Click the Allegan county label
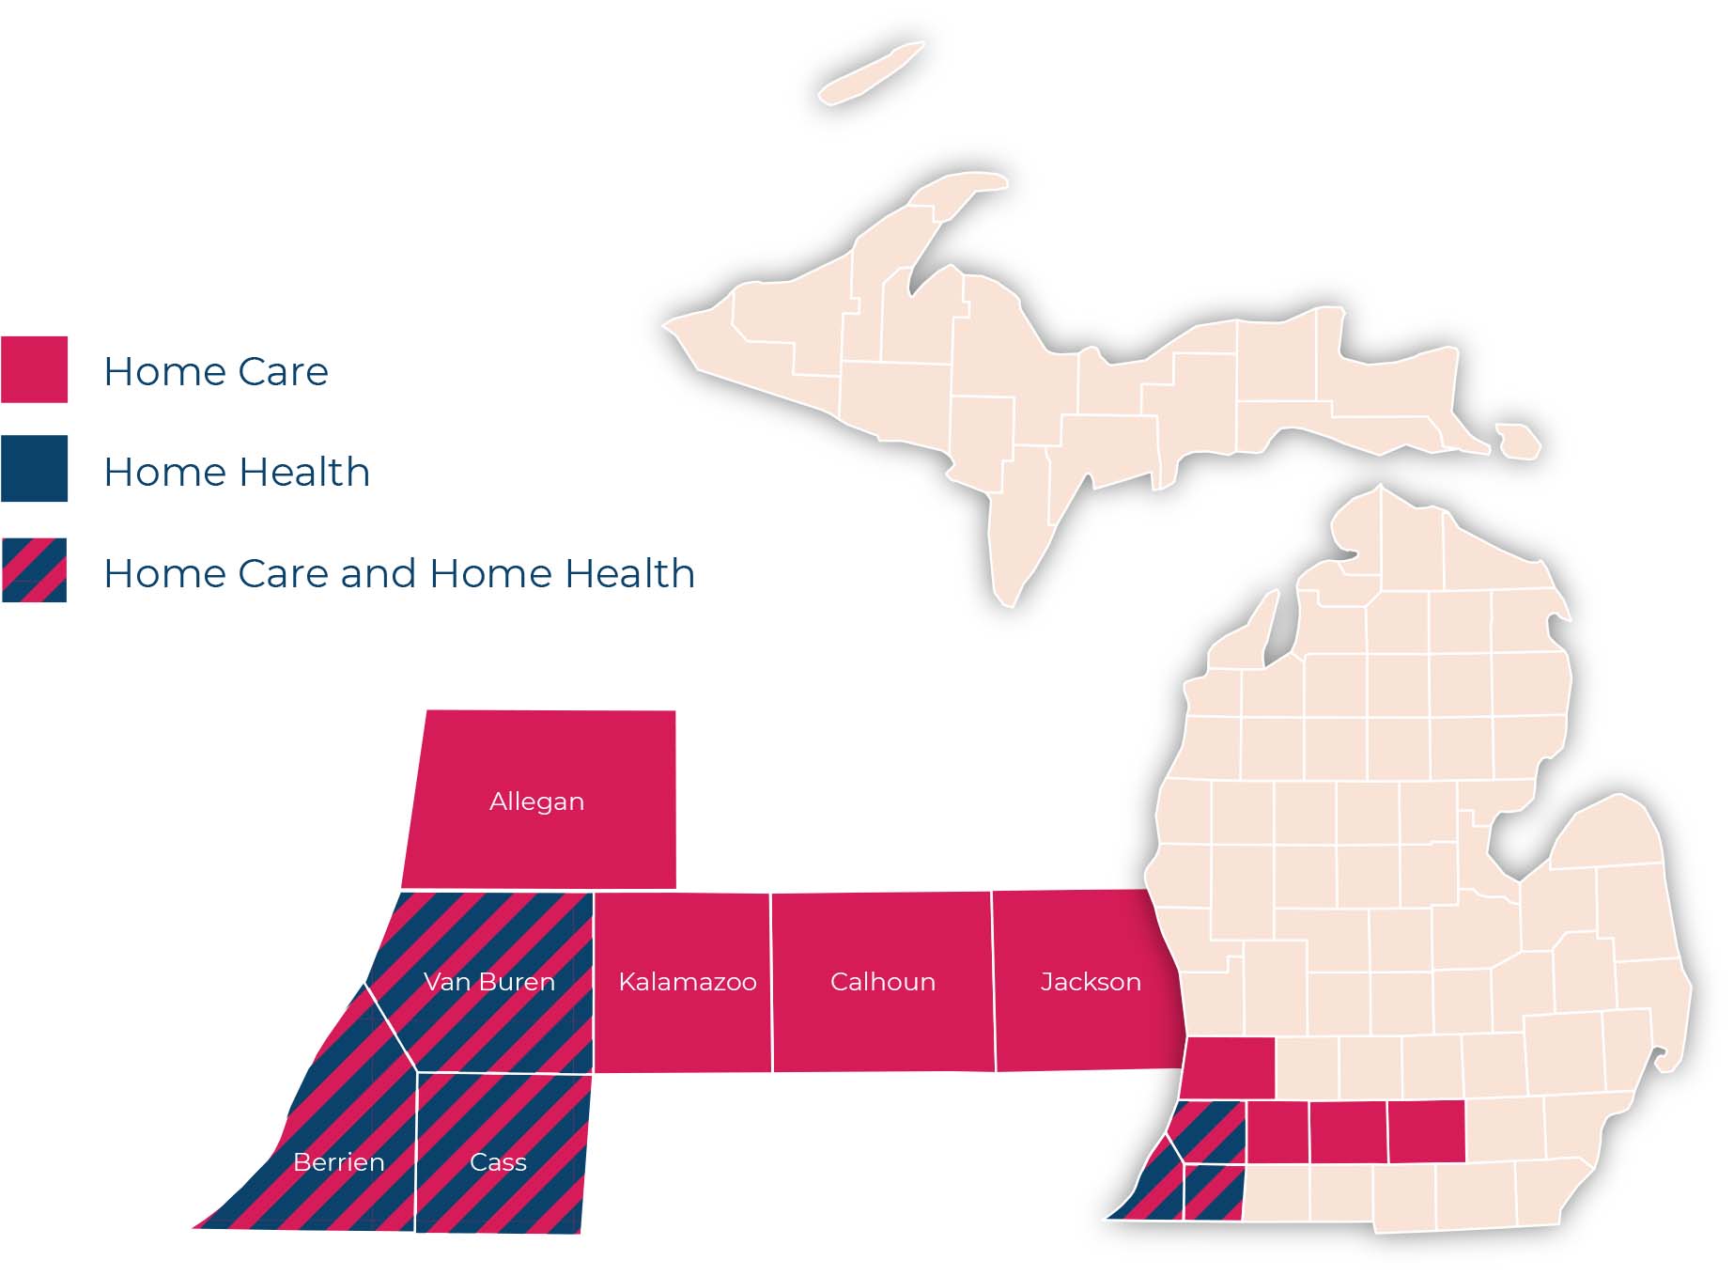coord(536,801)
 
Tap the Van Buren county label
coord(489,982)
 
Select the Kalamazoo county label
coord(688,982)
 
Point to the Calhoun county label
coord(883,982)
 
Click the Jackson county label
coord(1091,982)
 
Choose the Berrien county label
coord(339,1162)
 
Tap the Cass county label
coord(498,1162)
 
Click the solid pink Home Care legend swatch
coord(34,369)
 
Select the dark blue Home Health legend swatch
coord(34,468)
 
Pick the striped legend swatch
coord(34,569)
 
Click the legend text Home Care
coord(216,371)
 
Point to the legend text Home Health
coord(237,472)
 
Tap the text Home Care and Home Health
coord(399,573)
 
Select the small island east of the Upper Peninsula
coord(1518,441)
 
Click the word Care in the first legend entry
coord(283,371)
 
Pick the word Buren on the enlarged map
coord(517,982)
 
